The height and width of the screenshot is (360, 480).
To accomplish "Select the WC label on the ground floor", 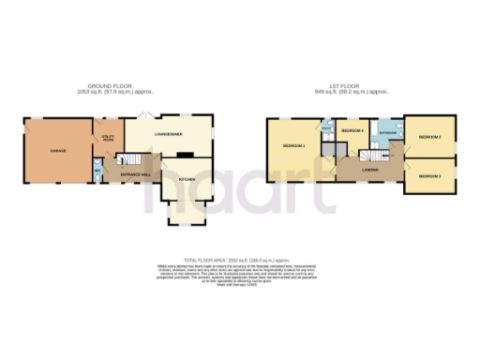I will click(97, 170).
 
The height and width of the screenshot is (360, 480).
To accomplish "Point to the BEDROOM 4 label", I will click(352, 130).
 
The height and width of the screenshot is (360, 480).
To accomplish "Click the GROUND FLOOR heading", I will click(117, 87).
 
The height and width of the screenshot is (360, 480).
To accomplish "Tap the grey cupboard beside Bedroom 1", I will click(328, 149).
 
